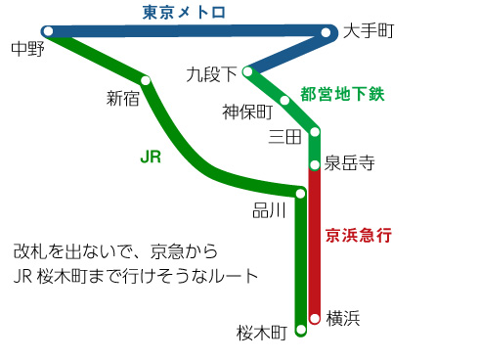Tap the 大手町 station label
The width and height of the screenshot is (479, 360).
coord(369,32)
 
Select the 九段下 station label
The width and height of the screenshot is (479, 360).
coord(211,74)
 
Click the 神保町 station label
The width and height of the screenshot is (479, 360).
coord(245,110)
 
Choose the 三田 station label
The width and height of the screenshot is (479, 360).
coord(285,138)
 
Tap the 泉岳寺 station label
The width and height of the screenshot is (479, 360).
coord(349,162)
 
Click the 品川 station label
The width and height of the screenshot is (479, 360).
coord(269,210)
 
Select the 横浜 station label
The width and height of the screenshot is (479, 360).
coord(344,317)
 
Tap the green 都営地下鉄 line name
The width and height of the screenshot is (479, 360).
coord(344,95)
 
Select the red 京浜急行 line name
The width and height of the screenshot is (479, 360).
coord(359,235)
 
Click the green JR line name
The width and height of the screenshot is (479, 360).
coord(151,157)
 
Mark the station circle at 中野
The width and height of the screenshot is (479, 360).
coord(47,30)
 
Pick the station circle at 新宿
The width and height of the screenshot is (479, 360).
coord(146,80)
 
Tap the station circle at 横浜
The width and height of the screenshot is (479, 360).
coord(314,318)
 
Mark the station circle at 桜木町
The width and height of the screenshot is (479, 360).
coord(300,331)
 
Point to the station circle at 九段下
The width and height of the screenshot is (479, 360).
coord(249,71)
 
